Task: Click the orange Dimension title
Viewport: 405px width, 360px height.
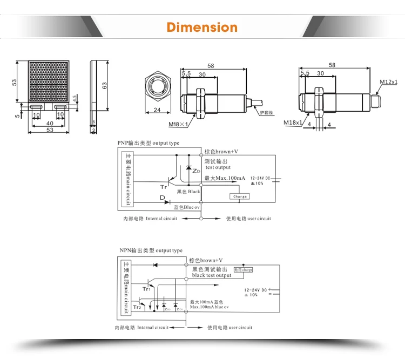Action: (x=202, y=27)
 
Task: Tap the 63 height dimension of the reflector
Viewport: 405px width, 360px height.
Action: (x=104, y=85)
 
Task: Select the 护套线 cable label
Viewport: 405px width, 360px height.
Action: (x=267, y=112)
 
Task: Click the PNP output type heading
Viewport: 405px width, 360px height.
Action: (x=148, y=143)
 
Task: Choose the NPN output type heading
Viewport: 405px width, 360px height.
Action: (x=151, y=250)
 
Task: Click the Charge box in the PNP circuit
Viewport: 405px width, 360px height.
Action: (x=240, y=196)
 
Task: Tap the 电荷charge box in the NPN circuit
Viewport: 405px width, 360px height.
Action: (x=242, y=269)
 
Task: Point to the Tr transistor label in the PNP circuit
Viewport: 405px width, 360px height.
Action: (x=164, y=187)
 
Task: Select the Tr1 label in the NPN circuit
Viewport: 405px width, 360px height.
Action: (x=146, y=289)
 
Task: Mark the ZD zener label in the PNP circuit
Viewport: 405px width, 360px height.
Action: (x=196, y=171)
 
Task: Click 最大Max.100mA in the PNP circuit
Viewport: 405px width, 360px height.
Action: (x=225, y=178)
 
